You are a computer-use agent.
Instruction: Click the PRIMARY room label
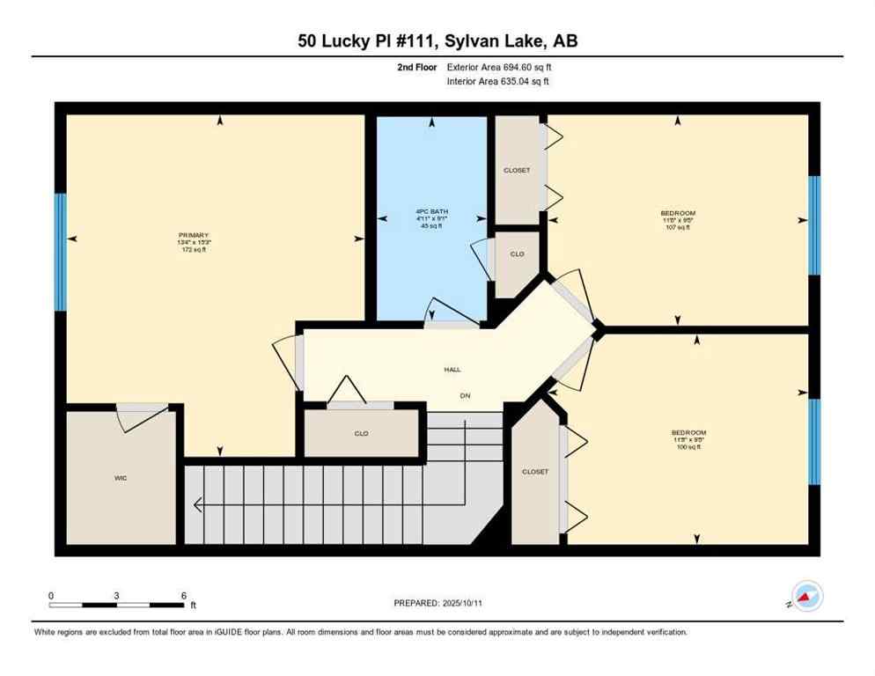(x=194, y=235)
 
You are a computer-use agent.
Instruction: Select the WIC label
(x=121, y=479)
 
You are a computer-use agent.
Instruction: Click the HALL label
(x=452, y=371)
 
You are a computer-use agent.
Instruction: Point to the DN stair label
(x=465, y=396)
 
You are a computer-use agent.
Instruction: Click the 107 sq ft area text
(x=678, y=227)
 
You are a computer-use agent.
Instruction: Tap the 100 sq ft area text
(x=688, y=447)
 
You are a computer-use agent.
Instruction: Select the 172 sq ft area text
(x=194, y=250)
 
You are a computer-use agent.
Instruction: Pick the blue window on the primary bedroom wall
(x=60, y=253)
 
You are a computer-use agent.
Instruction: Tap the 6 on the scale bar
(x=183, y=596)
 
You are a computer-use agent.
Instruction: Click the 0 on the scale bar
(x=51, y=596)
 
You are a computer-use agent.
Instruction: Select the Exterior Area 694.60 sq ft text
(x=499, y=67)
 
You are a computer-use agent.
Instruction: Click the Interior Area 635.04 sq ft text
(x=498, y=82)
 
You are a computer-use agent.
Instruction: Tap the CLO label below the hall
(x=361, y=433)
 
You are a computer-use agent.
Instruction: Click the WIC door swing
(x=141, y=418)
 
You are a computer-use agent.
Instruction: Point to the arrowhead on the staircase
(x=197, y=505)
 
